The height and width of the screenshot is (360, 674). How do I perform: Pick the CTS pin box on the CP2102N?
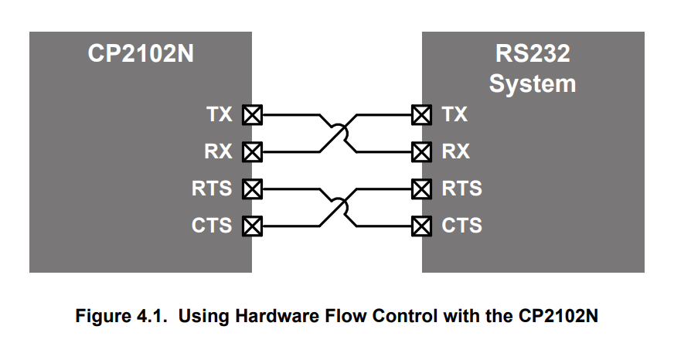pos(252,226)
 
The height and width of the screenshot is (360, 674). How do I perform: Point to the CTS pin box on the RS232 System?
pos(421,226)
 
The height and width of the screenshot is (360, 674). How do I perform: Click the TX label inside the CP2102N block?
pos(219,115)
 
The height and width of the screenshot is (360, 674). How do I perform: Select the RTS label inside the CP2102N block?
pos(212,188)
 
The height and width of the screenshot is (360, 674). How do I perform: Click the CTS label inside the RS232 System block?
pos(461,226)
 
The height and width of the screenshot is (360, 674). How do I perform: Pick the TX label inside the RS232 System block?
pos(454,115)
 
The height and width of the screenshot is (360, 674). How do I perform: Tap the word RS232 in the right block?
pos(533,55)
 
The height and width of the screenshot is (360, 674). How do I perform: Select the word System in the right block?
pos(533,83)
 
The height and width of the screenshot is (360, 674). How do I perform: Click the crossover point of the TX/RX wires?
pos(337,134)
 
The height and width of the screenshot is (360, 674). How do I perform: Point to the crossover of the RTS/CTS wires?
pos(337,208)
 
